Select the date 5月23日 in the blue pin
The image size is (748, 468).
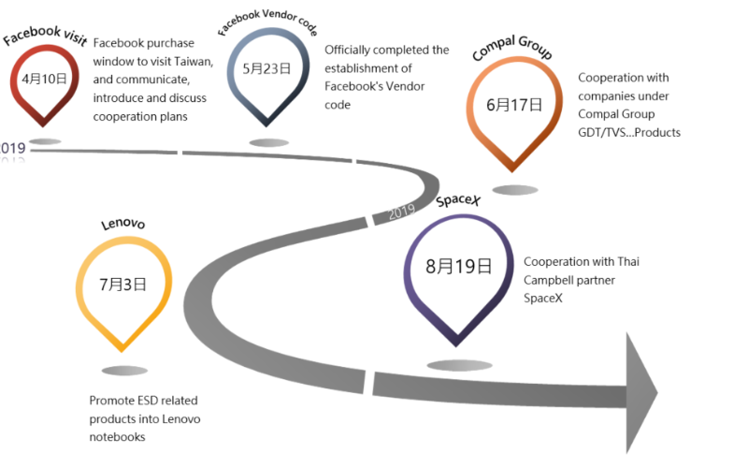266,68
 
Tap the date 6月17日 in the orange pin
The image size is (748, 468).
513,105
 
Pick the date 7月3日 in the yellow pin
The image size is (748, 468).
122,285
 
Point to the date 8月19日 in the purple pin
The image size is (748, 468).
458,266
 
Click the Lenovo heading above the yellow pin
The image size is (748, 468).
122,224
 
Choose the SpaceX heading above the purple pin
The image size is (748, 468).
459,200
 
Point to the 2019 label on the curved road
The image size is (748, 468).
401,212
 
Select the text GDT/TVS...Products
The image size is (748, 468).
628,132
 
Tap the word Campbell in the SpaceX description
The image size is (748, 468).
551,280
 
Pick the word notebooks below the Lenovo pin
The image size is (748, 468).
117,436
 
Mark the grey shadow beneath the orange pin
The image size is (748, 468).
515,190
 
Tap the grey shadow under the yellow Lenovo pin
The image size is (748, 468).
124,371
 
